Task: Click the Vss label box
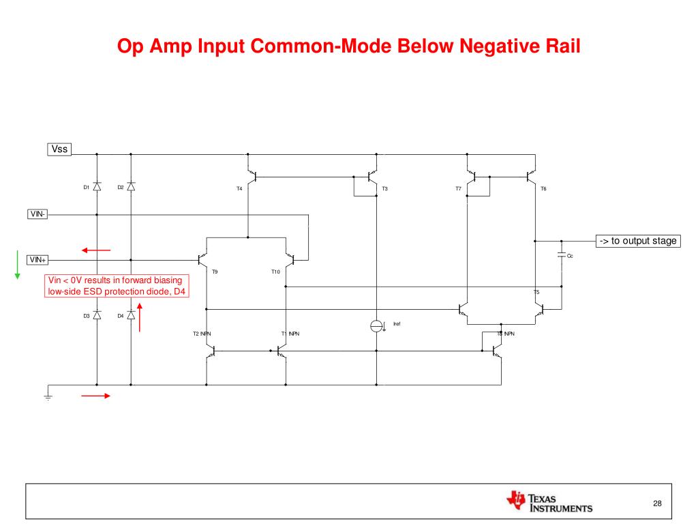pyautogui.click(x=60, y=149)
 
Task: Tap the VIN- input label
pyautogui.click(x=37, y=214)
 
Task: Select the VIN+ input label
pyautogui.click(x=37, y=259)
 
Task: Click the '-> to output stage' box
pyautogui.click(x=638, y=240)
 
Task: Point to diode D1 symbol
pyautogui.click(x=97, y=186)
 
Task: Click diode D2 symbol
pyautogui.click(x=131, y=186)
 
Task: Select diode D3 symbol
pyautogui.click(x=97, y=315)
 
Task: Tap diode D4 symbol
pyautogui.click(x=131, y=315)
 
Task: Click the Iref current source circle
pyautogui.click(x=377, y=325)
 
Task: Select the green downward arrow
pyautogui.click(x=17, y=265)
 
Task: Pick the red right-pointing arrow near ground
pyautogui.click(x=95, y=395)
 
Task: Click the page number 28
pyautogui.click(x=657, y=504)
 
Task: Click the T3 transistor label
pyautogui.click(x=384, y=188)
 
